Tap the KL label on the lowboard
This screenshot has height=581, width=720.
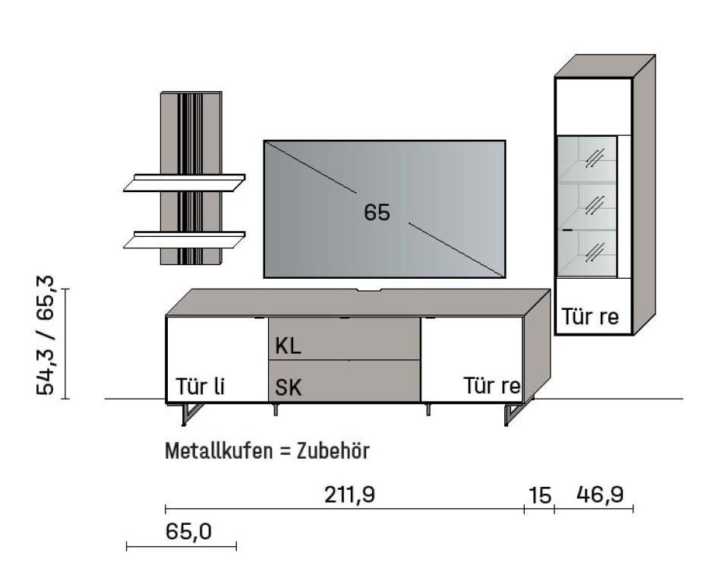coord(288,347)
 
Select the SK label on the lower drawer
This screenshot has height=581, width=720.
coord(288,388)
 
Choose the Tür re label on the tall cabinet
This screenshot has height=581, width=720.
coord(590,317)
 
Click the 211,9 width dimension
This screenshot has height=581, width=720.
coord(349,494)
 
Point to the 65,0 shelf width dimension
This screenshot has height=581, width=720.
coord(188,532)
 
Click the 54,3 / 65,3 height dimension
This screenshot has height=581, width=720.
coord(47,335)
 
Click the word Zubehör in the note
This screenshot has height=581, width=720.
coord(333,451)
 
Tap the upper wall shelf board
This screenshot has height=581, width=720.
coord(184,183)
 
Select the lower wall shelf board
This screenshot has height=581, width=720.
coord(184,240)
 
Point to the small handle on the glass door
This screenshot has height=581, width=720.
coord(567,229)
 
